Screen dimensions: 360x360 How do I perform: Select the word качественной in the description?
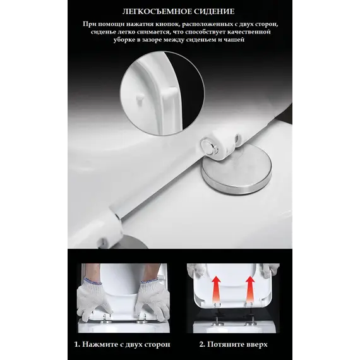(x=251, y=32)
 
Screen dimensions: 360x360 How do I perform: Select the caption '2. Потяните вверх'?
(x=234, y=344)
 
